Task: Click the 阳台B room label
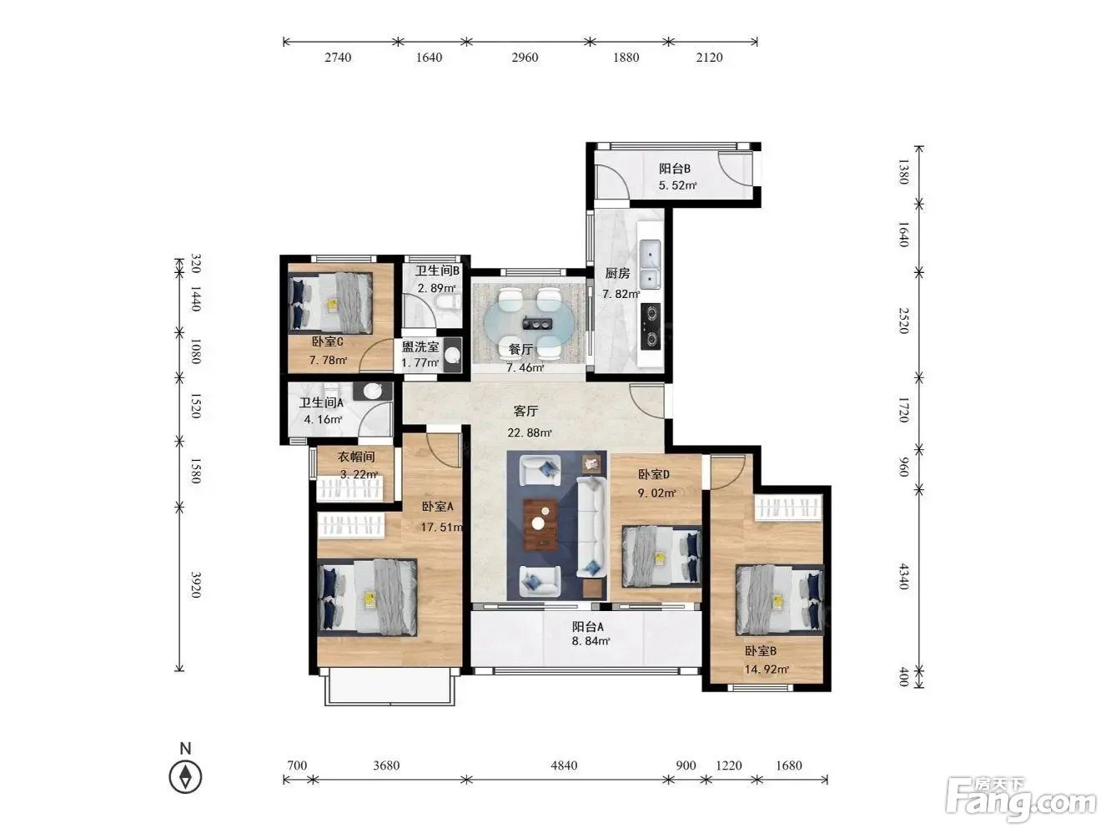point(674,169)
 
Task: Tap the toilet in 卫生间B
point(448,302)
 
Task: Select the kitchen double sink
point(650,265)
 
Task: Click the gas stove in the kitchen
point(651,326)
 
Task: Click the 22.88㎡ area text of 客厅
point(529,432)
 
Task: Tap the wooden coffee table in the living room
point(540,524)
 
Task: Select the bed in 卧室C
point(330,304)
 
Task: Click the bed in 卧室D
point(661,557)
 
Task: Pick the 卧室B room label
point(760,650)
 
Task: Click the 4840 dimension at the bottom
point(564,766)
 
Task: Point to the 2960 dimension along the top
point(525,58)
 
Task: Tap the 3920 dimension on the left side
point(196,585)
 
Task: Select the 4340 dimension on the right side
point(904,576)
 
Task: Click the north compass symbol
point(185,776)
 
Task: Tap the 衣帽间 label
point(356,457)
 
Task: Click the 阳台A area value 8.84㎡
point(591,641)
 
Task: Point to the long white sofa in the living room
point(591,527)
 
